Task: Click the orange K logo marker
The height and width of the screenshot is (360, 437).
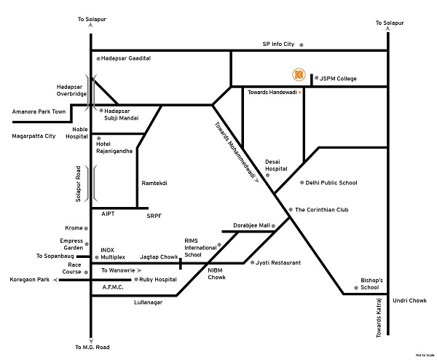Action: pos(297,74)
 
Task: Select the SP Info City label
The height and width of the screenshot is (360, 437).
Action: pos(278,44)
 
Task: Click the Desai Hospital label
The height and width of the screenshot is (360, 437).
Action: pos(276,165)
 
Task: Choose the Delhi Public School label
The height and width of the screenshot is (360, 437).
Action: pos(331,183)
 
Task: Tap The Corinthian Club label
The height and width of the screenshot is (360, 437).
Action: pos(321,210)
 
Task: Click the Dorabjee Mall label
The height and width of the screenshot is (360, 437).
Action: pos(251,225)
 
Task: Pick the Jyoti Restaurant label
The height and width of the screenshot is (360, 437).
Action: pos(276,262)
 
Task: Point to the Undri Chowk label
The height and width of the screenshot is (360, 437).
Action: pos(409,300)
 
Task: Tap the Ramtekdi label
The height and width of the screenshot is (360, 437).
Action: pos(154,183)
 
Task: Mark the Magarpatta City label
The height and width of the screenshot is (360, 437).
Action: pos(34,136)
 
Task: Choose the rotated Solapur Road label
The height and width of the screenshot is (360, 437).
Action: pos(77,184)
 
